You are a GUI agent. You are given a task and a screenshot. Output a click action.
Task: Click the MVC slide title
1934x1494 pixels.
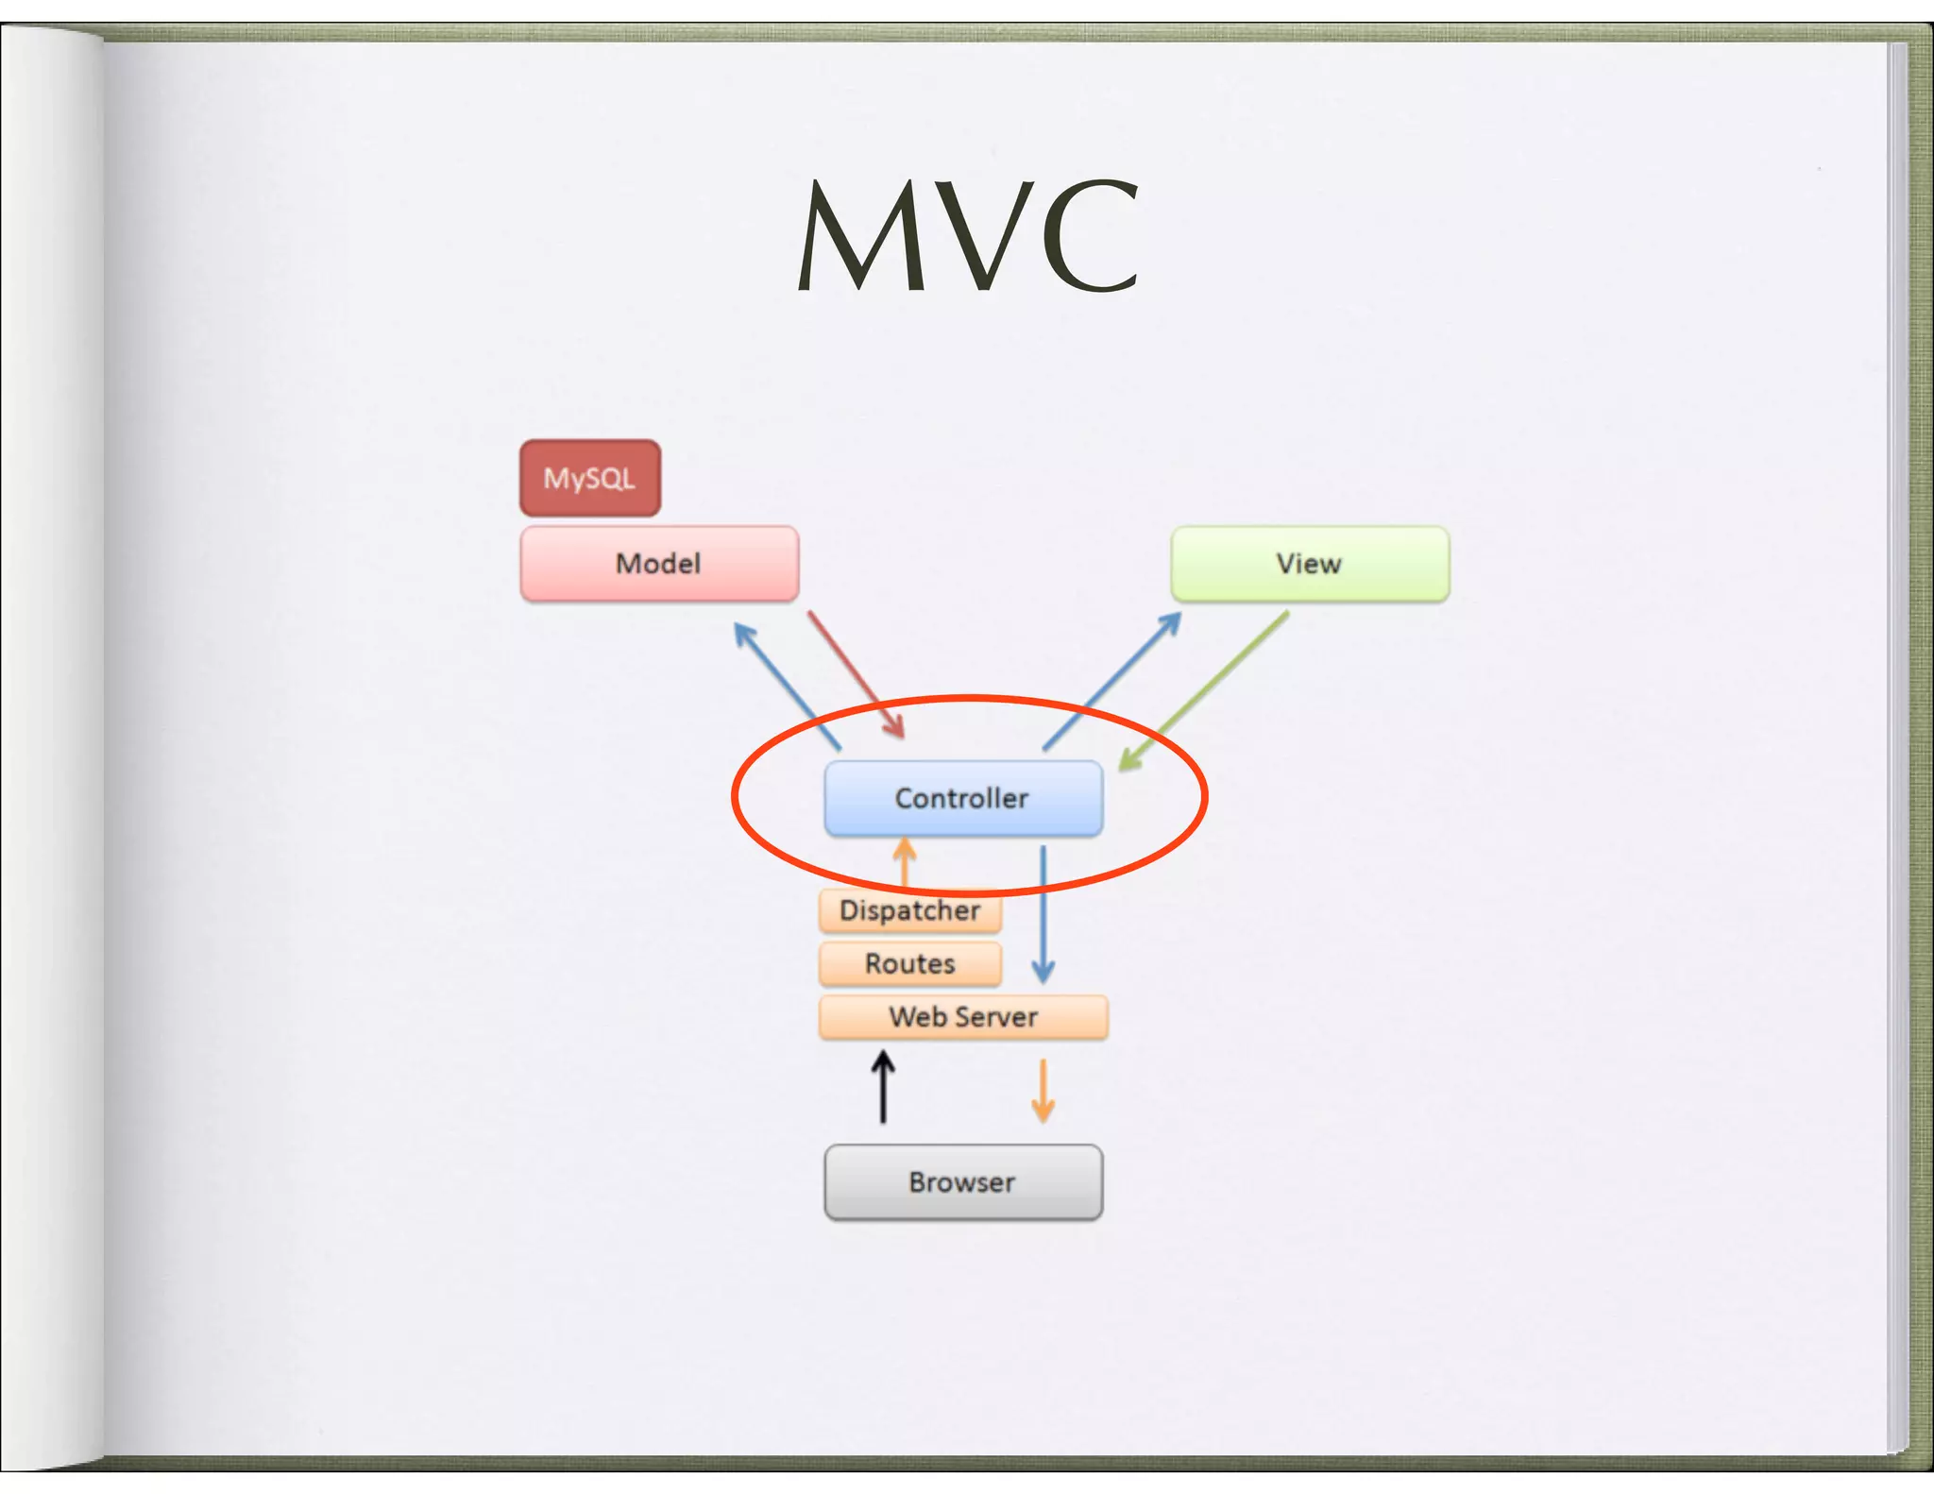[x=967, y=236]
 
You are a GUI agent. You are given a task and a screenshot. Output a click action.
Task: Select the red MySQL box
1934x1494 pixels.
[x=589, y=478]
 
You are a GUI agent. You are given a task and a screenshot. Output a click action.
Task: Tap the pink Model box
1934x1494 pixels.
[x=659, y=564]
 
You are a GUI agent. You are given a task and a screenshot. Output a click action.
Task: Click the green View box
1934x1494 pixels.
[x=1309, y=564]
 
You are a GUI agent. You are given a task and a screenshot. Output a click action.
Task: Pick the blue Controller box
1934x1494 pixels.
[x=962, y=799]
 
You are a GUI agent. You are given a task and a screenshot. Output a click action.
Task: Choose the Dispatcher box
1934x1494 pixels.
[x=909, y=911]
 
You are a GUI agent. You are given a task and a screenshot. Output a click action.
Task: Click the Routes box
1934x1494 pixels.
[x=909, y=964]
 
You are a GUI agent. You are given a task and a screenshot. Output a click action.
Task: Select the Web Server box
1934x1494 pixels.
[x=962, y=1017]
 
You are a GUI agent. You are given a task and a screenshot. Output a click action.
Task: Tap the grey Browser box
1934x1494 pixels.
[x=962, y=1182]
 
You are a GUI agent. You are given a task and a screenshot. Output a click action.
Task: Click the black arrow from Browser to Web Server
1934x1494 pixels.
[x=883, y=1088]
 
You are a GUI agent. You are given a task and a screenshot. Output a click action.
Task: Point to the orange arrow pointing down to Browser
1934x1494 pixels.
[x=1043, y=1091]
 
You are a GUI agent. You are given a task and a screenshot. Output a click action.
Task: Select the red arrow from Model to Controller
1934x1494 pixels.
[x=856, y=674]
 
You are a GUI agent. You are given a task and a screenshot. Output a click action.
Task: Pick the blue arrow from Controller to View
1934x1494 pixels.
[x=1112, y=681]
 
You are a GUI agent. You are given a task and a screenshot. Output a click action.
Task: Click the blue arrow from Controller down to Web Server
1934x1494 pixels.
[x=1043, y=913]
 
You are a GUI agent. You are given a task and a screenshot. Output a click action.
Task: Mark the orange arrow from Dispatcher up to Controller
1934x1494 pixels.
[x=905, y=861]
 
